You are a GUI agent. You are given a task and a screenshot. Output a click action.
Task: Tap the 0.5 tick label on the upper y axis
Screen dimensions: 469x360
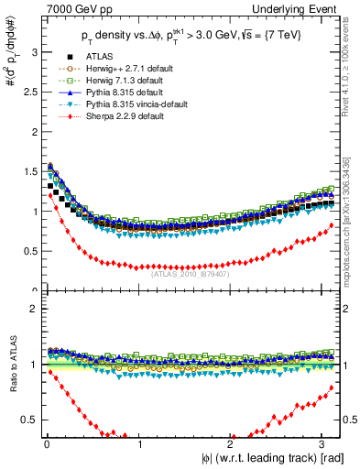pos(29,251)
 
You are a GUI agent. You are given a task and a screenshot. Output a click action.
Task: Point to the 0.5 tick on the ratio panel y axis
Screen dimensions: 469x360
pos(29,420)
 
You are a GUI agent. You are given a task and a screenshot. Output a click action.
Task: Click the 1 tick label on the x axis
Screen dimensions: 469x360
pos(138,444)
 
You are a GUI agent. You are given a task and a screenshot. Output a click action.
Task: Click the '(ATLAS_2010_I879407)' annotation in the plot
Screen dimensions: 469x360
pos(191,273)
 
